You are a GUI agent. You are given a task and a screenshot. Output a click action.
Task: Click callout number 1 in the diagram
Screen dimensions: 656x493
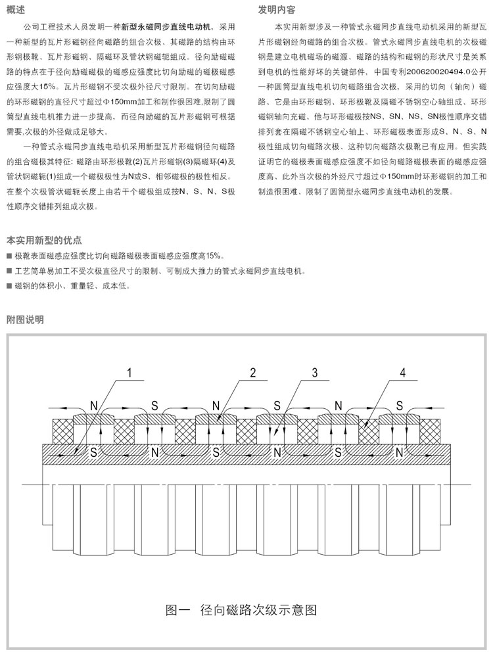[x=129, y=373]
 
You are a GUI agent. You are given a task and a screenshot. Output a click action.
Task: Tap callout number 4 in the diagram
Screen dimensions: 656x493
[x=402, y=373]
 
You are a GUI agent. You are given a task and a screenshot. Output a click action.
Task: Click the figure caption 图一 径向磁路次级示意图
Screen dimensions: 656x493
[x=241, y=609]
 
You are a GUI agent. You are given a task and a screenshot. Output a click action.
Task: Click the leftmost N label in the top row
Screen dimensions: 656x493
[x=93, y=403]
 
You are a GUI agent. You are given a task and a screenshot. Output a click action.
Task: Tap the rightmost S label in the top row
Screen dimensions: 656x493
[x=399, y=403]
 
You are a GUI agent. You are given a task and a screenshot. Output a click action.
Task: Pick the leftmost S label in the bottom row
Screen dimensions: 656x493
[x=93, y=453]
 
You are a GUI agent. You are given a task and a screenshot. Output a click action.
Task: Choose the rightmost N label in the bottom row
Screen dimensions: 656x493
[x=399, y=453]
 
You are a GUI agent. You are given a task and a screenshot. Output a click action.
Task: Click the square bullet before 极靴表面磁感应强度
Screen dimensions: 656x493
[x=8, y=256]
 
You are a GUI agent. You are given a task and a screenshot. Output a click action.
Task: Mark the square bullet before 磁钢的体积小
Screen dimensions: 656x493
[x=8, y=286]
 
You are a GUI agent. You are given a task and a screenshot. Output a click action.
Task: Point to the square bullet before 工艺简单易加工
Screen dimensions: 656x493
[x=8, y=271]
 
